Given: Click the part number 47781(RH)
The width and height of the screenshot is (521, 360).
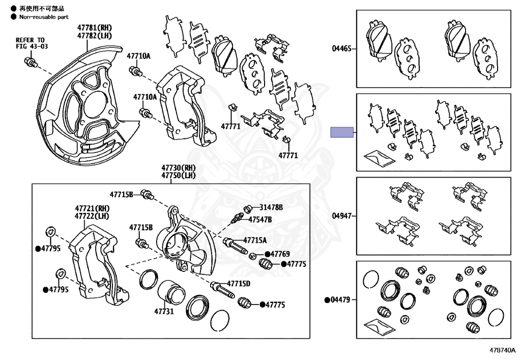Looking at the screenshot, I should (94, 27).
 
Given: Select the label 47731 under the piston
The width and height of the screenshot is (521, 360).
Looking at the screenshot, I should (164, 310).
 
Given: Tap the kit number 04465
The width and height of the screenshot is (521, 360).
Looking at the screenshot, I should (341, 48).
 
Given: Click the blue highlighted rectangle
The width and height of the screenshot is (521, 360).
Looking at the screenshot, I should (342, 132).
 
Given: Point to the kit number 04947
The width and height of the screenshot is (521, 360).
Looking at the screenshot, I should (341, 216).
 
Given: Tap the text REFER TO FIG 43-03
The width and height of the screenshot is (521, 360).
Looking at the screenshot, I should (30, 43).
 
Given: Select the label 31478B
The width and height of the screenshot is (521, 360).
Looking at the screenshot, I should (271, 207).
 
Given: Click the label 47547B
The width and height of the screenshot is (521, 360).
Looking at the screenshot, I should (260, 219).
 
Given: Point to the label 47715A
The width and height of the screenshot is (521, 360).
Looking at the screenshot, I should (254, 240).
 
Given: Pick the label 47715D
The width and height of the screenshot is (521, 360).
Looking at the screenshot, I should (239, 284).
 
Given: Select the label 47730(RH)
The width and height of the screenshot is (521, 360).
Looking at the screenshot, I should (179, 168).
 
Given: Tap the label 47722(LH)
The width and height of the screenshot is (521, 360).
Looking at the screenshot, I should (92, 216).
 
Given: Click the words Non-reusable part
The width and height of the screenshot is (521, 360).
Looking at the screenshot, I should (44, 17).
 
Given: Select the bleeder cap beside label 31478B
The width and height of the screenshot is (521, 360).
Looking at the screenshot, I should (249, 208).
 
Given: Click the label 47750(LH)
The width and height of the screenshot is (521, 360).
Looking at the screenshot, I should (179, 175).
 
